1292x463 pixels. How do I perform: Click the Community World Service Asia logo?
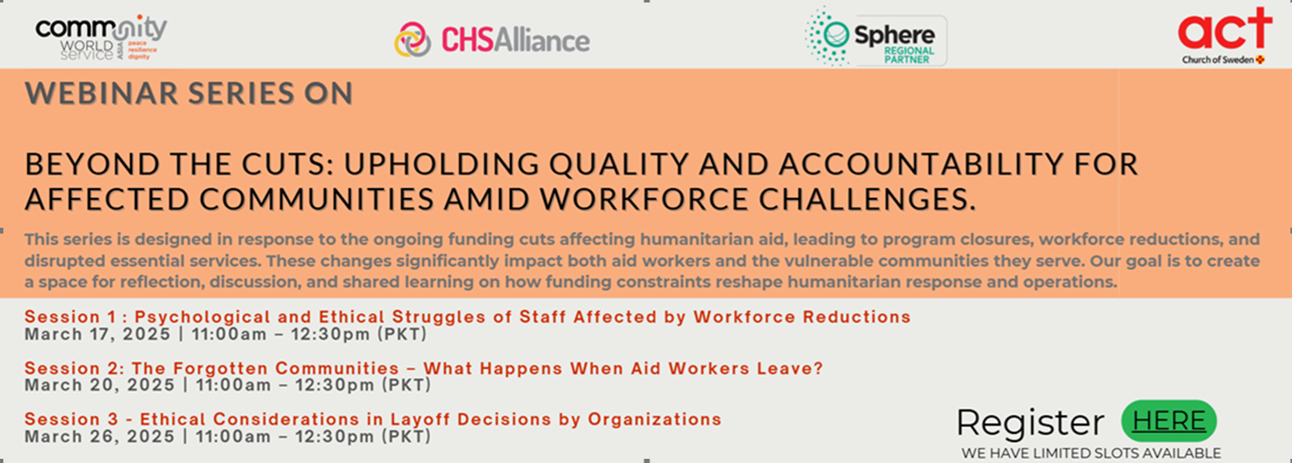coord(101,38)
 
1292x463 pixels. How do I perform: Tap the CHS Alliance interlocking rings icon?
coord(413,39)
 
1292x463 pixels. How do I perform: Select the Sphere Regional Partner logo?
coord(876,37)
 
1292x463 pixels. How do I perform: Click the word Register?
coord(1031,423)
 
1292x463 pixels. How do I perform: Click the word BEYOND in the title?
coord(93,164)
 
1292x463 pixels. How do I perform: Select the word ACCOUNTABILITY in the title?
coord(921,164)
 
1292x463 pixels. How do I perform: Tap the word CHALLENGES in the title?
coord(867,199)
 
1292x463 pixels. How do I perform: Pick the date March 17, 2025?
coord(98,335)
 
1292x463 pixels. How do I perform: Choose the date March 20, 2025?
coord(99,385)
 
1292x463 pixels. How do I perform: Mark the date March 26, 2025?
coord(99,436)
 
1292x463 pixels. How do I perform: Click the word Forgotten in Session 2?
coord(221,368)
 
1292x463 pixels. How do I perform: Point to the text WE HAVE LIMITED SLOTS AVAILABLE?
coord(1092,453)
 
